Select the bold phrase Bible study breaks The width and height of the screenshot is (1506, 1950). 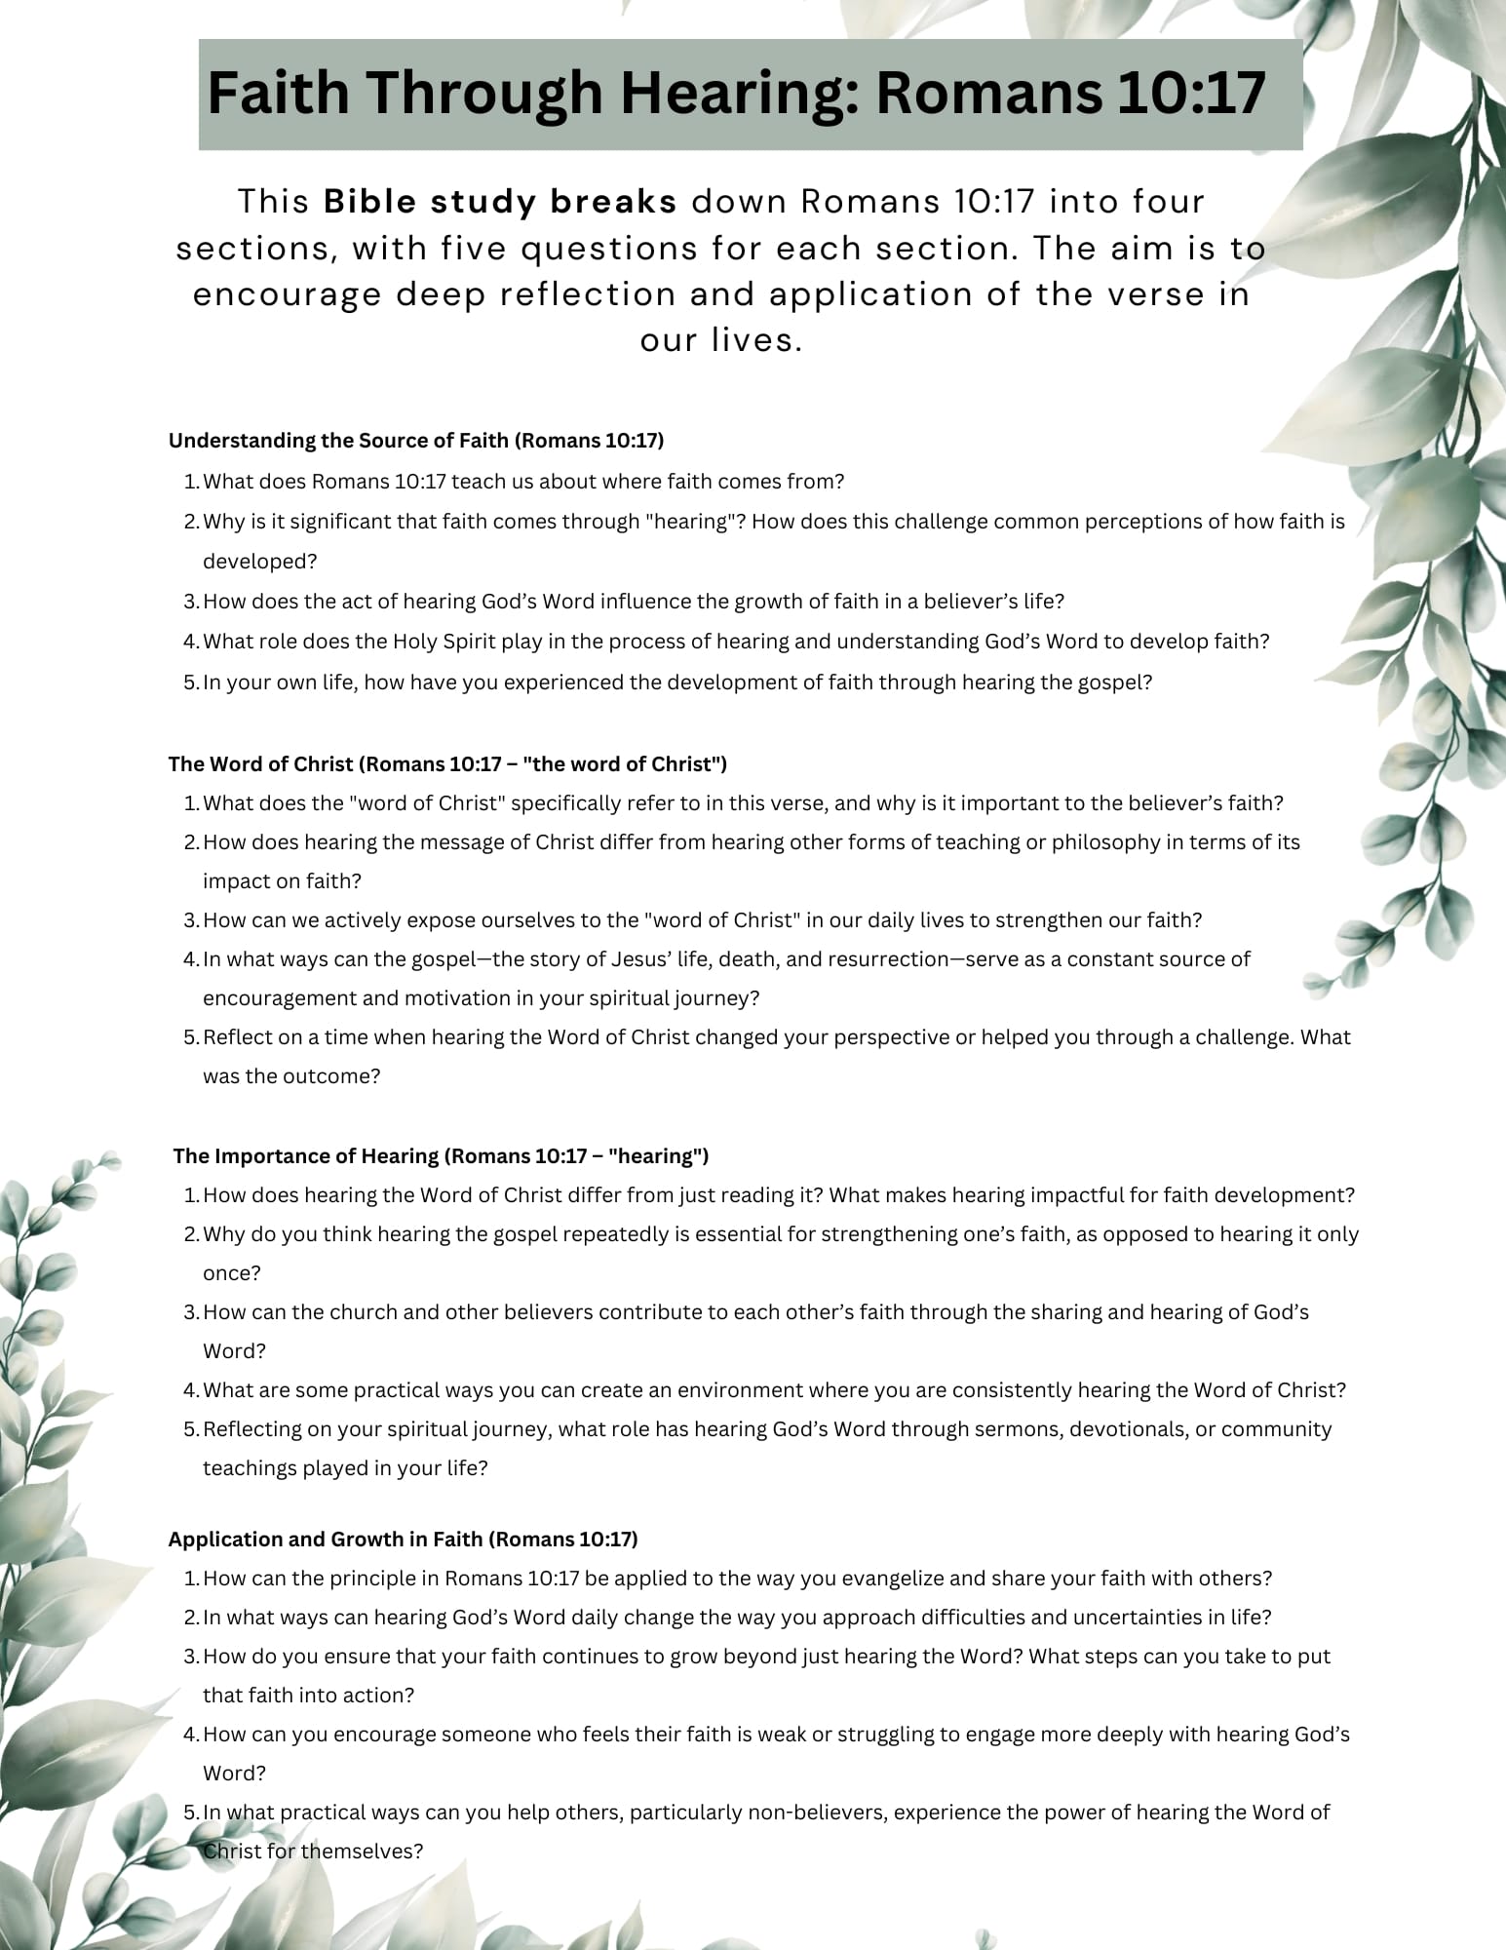500,202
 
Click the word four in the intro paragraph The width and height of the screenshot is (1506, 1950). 1168,202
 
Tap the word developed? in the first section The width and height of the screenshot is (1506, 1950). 260,562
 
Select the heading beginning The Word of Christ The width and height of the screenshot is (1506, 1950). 447,763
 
